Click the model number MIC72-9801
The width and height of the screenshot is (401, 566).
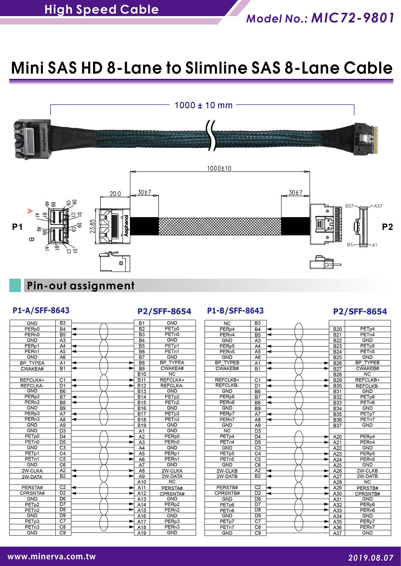tap(352, 18)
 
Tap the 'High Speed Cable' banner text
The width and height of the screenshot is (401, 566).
tap(101, 9)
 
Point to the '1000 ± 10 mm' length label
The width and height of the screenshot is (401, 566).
tap(203, 105)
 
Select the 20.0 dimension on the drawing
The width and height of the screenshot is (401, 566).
tap(115, 193)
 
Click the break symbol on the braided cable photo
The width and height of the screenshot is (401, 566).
tap(211, 137)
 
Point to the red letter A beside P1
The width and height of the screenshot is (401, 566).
tap(29, 211)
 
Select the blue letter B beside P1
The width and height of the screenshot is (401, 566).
tap(30, 240)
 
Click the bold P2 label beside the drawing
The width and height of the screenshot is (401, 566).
tap(387, 227)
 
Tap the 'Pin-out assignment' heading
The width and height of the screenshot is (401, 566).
tap(81, 286)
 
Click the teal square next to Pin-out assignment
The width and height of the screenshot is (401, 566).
tap(15, 285)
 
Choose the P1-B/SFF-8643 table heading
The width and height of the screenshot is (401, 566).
tap(235, 311)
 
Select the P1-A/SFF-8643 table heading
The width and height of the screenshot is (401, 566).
tap(41, 310)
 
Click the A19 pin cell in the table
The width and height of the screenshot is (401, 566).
tap(142, 533)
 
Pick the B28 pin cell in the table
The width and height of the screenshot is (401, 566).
tap(337, 375)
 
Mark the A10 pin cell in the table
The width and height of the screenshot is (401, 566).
tap(142, 482)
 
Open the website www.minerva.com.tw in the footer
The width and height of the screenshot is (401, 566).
tap(52, 556)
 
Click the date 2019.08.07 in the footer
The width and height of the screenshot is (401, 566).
tap(371, 557)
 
